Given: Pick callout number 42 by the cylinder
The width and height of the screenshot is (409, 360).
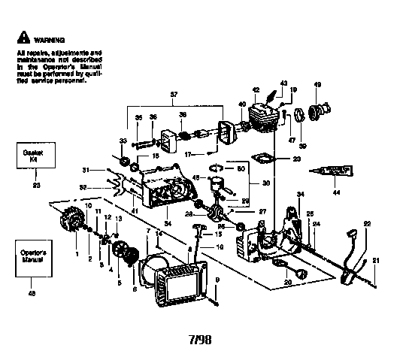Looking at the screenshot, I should [256, 89].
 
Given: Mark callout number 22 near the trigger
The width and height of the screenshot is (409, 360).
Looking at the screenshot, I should [368, 224].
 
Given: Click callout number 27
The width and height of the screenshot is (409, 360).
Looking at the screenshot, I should [262, 212].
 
